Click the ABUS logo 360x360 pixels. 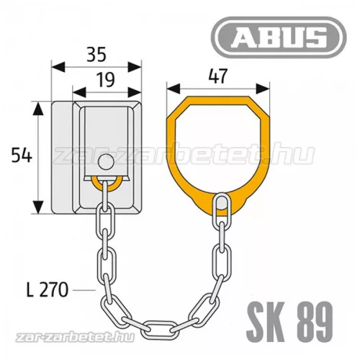pyautogui.click(x=279, y=37)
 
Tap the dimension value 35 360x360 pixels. pyautogui.click(x=96, y=54)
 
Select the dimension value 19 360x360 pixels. pyautogui.click(x=105, y=80)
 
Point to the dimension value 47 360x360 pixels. pyautogui.click(x=217, y=76)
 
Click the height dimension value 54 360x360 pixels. pyautogui.click(x=22, y=156)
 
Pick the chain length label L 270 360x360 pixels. pyautogui.click(x=48, y=289)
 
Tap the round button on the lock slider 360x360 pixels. pyautogui.click(x=106, y=162)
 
